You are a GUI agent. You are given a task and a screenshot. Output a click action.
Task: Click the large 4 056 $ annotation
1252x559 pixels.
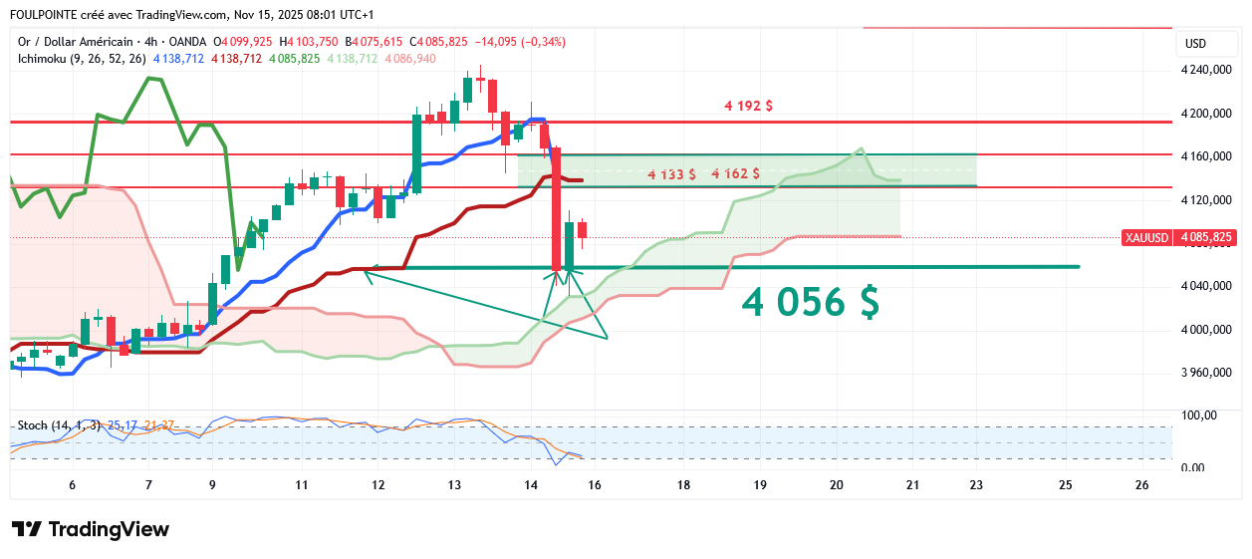810,301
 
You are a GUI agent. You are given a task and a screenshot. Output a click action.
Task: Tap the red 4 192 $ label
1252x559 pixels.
748,106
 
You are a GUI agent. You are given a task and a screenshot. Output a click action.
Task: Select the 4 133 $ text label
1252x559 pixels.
671,174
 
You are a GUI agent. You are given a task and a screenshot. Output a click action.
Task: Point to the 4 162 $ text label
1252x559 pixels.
736,173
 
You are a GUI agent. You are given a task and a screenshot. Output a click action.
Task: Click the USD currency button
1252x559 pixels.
1195,44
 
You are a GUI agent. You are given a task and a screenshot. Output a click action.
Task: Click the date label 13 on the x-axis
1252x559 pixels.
454,485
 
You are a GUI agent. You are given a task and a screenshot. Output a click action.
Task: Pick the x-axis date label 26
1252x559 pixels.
1141,485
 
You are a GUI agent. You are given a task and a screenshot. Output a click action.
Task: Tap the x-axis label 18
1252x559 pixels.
683,485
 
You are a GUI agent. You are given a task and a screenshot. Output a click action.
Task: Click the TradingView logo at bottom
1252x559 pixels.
91,529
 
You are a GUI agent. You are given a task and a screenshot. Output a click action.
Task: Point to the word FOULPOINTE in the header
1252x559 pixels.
45,15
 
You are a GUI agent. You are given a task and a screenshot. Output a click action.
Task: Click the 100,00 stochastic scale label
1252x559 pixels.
1200,416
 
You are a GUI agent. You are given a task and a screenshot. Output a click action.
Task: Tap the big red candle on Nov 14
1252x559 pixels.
557,208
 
